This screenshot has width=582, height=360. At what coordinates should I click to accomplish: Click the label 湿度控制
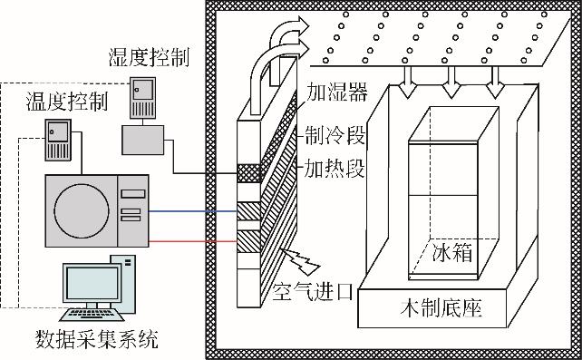tap(149, 57)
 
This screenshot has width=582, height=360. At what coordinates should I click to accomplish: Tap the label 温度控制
tap(67, 102)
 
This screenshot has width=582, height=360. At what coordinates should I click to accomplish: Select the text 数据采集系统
tap(96, 339)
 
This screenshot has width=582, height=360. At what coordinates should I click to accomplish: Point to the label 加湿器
tap(336, 92)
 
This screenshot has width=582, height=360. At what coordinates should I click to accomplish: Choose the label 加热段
tap(335, 169)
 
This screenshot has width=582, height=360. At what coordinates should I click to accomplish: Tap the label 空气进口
tap(313, 292)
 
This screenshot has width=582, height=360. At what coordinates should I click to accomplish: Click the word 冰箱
tap(452, 253)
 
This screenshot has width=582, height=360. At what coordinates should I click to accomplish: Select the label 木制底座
tap(441, 308)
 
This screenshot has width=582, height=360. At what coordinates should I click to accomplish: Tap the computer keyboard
tap(92, 315)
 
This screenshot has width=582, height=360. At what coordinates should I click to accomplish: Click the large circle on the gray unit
tap(82, 210)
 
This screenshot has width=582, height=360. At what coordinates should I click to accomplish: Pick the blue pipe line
tap(192, 212)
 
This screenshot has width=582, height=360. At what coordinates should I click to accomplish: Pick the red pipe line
tap(192, 241)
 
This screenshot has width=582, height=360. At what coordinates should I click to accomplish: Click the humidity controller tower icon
tap(142, 98)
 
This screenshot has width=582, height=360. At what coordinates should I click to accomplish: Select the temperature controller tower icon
tap(58, 140)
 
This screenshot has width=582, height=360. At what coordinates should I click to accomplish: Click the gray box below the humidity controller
tap(143, 140)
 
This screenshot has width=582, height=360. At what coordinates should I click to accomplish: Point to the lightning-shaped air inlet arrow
tap(301, 259)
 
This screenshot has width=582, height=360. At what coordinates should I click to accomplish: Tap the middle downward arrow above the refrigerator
tap(451, 82)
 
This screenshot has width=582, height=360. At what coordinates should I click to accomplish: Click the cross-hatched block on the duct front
tap(248, 173)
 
